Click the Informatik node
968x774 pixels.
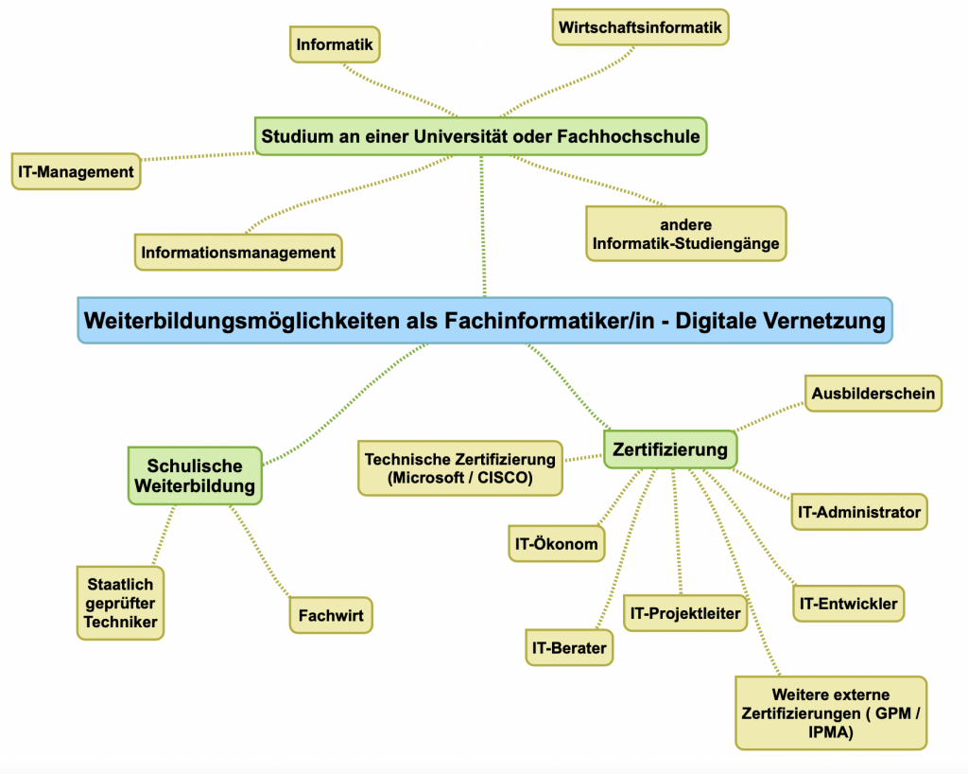pyautogui.click(x=335, y=44)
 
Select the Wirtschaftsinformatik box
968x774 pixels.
pyautogui.click(x=640, y=27)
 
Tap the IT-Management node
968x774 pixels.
pyautogui.click(x=76, y=172)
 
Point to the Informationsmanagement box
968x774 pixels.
pyautogui.click(x=238, y=253)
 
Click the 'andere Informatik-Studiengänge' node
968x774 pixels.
pyautogui.click(x=685, y=234)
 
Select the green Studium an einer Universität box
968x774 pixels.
pyautogui.click(x=481, y=136)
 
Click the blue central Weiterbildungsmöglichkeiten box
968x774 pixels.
pyautogui.click(x=484, y=321)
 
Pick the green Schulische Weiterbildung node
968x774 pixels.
pyautogui.click(x=195, y=476)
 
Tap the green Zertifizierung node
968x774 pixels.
pyautogui.click(x=670, y=449)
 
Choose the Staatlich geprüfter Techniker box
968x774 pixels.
pyautogui.click(x=120, y=603)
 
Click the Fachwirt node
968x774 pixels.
pyautogui.click(x=331, y=614)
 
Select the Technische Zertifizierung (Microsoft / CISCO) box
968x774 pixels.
pyautogui.click(x=460, y=468)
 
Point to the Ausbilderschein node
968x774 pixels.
pyautogui.click(x=873, y=393)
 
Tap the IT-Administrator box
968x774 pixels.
pyautogui.click(x=858, y=512)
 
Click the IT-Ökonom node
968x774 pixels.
pyautogui.click(x=556, y=544)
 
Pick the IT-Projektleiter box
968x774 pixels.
pyautogui.click(x=685, y=613)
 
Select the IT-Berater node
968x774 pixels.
pyautogui.click(x=569, y=648)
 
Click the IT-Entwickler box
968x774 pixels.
pyautogui.click(x=848, y=604)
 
